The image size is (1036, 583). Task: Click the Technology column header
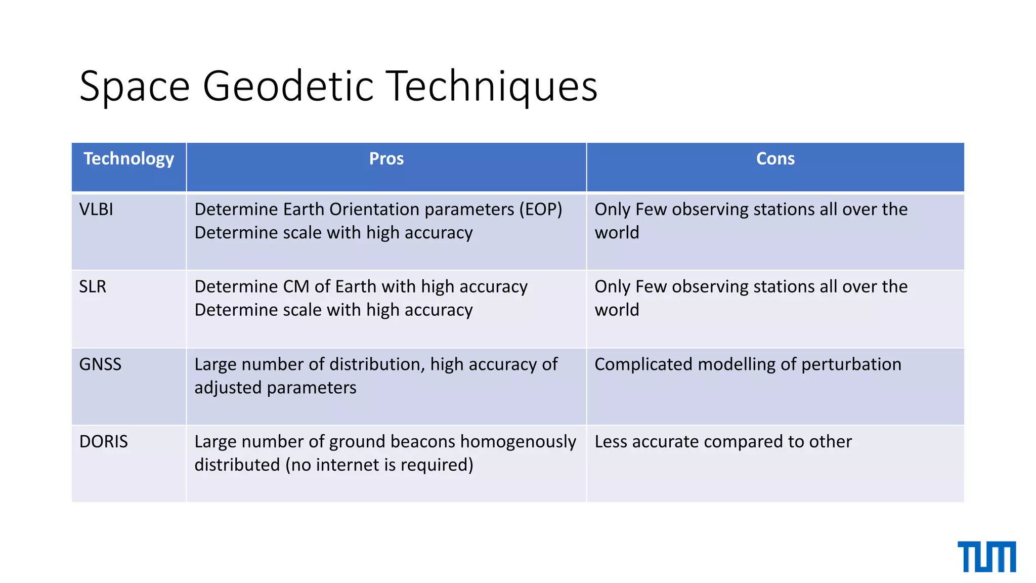point(128,159)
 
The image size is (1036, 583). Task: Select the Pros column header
point(386,159)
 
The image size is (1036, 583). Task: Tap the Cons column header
point(775,159)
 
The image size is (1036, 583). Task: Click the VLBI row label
point(96,210)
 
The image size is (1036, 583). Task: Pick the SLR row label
point(93,287)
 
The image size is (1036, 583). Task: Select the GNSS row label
point(100,364)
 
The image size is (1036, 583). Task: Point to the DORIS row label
point(104,442)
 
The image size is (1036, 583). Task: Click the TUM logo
point(986,557)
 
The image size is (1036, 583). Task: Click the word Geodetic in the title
point(288,87)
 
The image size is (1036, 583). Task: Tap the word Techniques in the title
point(492,87)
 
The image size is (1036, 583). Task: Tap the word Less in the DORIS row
point(611,442)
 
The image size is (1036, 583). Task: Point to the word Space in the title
point(135,87)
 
